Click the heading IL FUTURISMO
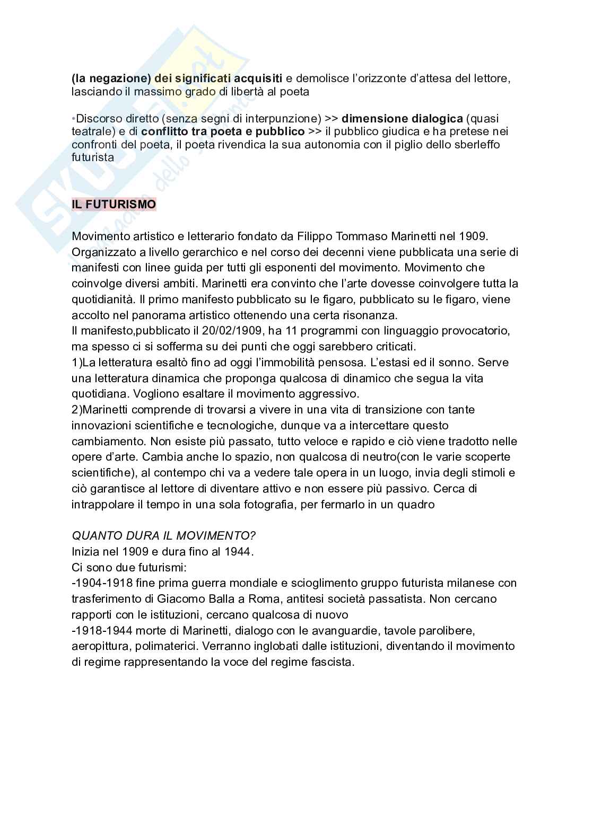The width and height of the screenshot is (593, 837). [x=114, y=204]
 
